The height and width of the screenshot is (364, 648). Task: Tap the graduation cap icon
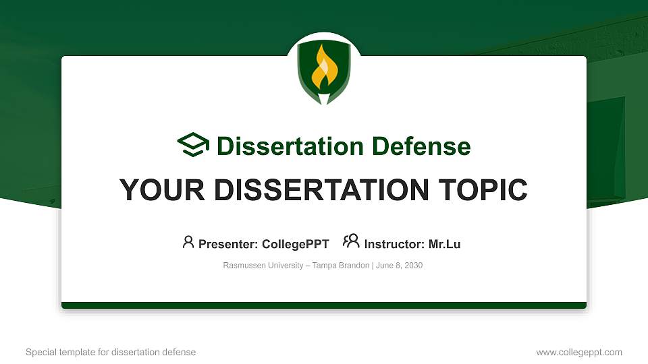click(x=193, y=144)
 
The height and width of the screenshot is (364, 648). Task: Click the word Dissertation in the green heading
click(x=290, y=146)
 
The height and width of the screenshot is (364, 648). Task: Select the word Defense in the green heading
click(x=421, y=146)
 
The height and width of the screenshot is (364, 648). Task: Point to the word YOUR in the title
click(x=162, y=190)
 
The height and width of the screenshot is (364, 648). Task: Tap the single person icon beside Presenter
click(x=188, y=242)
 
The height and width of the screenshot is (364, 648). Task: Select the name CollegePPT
click(x=296, y=244)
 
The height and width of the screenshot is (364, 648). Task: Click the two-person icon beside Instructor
click(x=351, y=241)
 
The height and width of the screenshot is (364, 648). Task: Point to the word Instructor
click(x=394, y=244)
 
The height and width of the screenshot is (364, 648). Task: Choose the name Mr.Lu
click(x=444, y=244)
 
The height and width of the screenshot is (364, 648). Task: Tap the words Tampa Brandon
click(x=340, y=266)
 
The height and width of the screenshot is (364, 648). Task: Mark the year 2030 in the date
click(x=413, y=266)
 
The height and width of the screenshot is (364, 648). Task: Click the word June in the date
click(x=384, y=266)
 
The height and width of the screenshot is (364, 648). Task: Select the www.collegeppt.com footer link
click(x=579, y=353)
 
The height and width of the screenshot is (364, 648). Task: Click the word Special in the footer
click(x=41, y=352)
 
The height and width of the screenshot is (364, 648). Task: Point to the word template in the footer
click(x=77, y=352)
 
